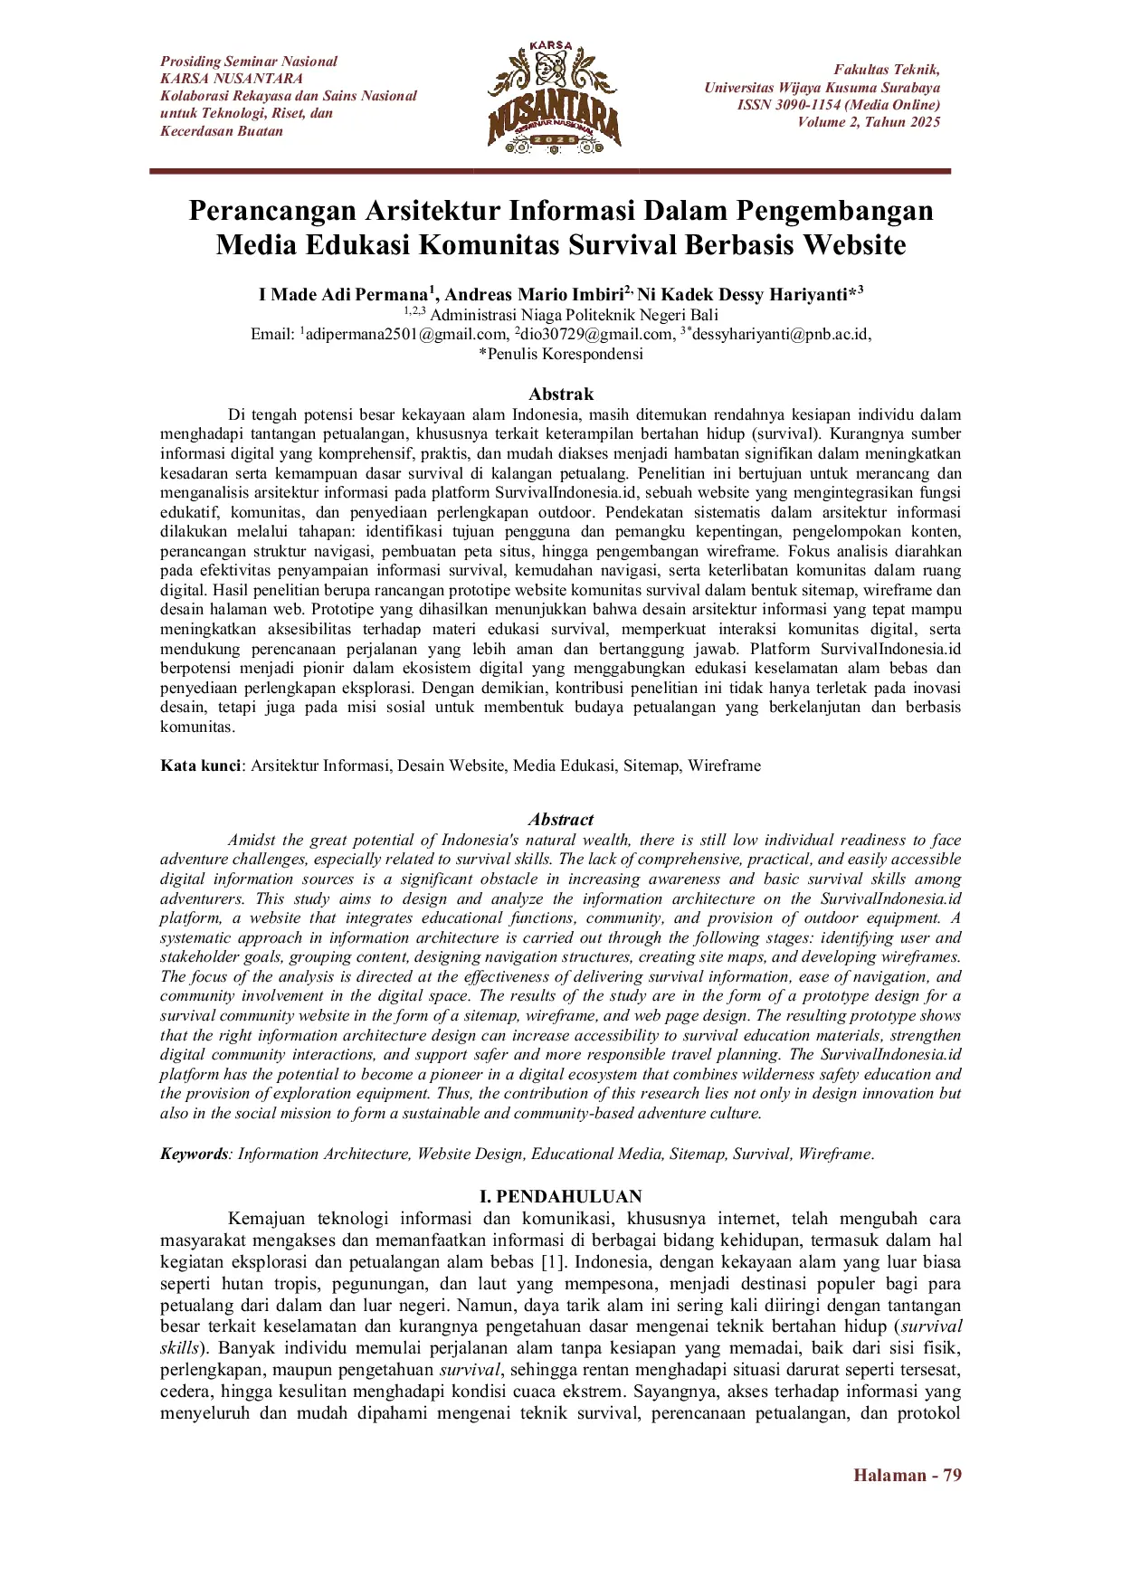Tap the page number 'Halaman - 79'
pos(907,1475)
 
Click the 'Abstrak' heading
pos(561,394)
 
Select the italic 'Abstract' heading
pos(561,820)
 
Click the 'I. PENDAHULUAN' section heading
pos(561,1196)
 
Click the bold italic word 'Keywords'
pos(194,1154)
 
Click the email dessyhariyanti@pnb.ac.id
pos(780,334)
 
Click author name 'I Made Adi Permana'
pos(343,295)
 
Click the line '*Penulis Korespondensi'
pos(561,354)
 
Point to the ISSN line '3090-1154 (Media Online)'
pos(838,105)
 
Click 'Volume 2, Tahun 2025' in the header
pos(869,122)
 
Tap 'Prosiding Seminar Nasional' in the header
pos(249,62)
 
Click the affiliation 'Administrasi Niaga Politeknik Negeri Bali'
pos(574,315)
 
